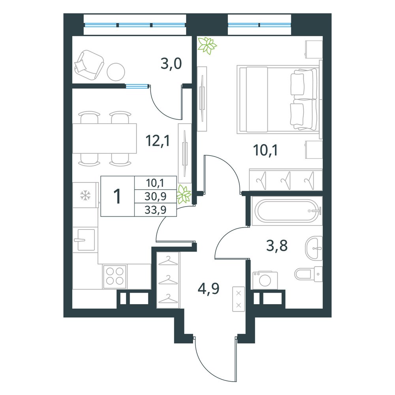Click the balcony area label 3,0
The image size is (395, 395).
click(x=171, y=64)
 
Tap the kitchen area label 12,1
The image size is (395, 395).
click(x=158, y=141)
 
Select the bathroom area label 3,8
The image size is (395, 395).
click(x=277, y=246)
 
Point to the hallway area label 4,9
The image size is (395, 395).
click(x=209, y=289)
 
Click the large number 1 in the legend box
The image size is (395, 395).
click(x=117, y=196)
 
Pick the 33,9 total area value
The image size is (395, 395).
click(x=155, y=210)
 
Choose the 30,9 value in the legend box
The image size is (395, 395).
click(x=155, y=196)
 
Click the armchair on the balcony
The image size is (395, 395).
click(x=89, y=64)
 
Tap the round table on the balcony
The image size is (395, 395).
click(x=116, y=71)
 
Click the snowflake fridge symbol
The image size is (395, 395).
click(x=85, y=196)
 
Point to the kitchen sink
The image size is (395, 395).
click(x=85, y=240)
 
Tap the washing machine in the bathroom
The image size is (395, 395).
click(x=265, y=280)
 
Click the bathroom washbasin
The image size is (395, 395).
click(x=314, y=248)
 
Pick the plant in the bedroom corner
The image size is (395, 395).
click(x=207, y=45)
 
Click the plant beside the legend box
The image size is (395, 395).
click(x=184, y=194)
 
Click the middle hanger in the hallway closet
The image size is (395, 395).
click(x=168, y=279)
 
